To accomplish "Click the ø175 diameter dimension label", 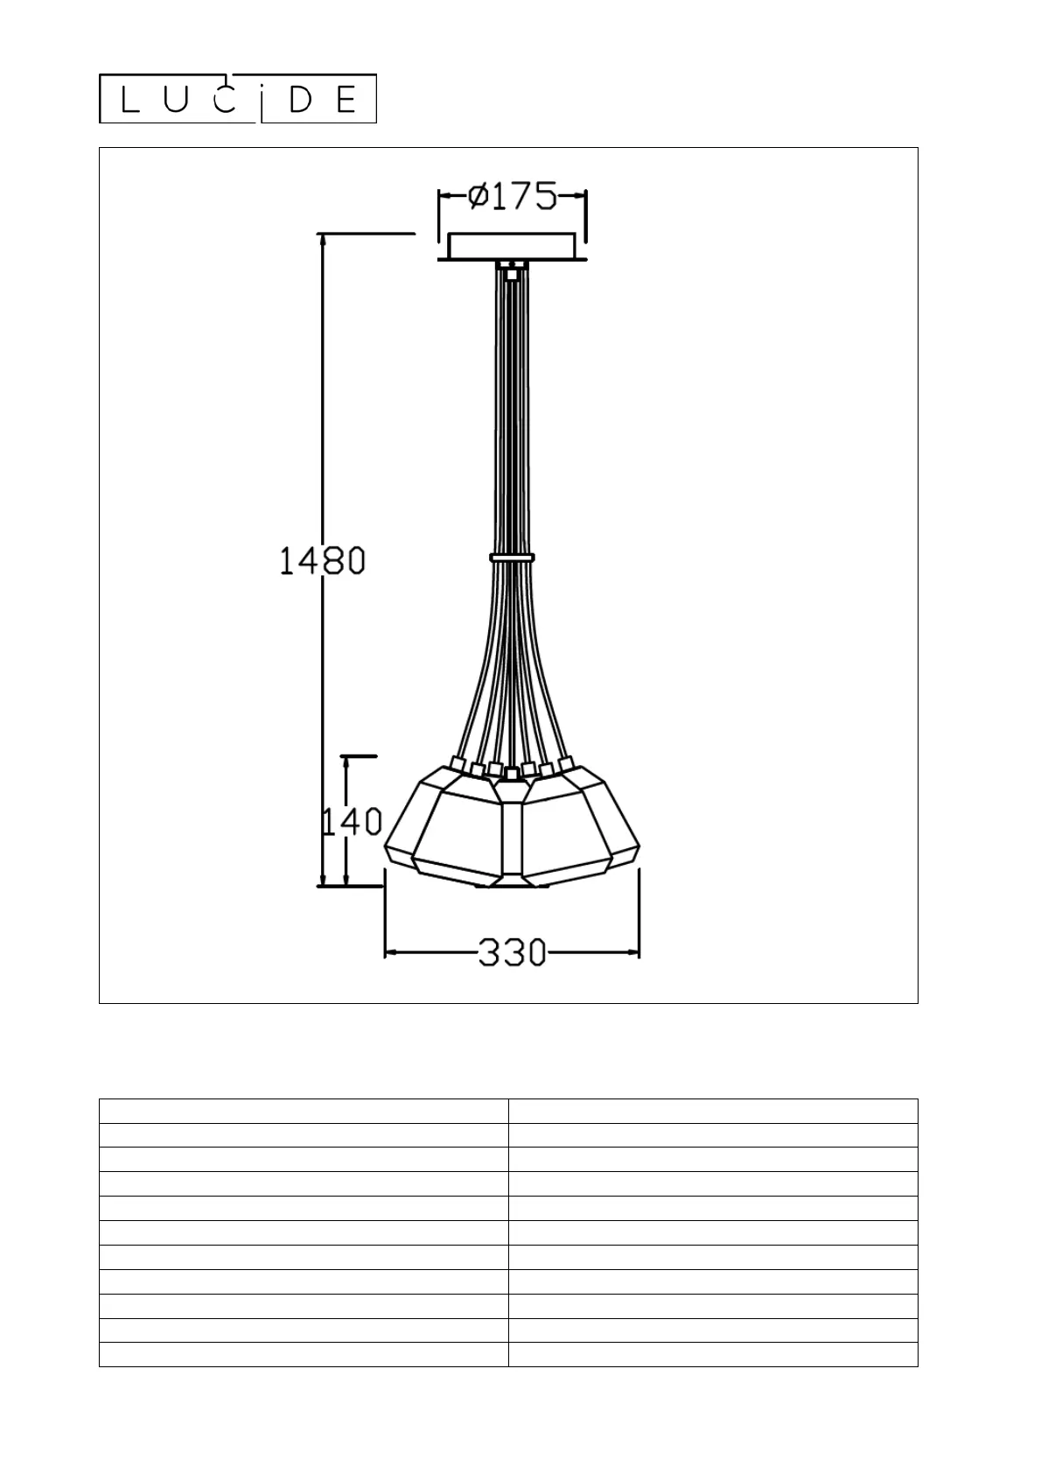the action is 513,196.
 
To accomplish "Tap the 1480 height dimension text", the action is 322,561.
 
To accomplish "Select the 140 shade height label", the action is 352,822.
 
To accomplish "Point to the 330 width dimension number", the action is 513,952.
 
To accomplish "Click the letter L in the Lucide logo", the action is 130,100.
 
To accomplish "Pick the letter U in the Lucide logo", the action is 176,100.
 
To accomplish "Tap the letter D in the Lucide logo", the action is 300,100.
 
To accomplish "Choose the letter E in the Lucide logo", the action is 346,100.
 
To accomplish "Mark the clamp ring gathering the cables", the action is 513,558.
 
